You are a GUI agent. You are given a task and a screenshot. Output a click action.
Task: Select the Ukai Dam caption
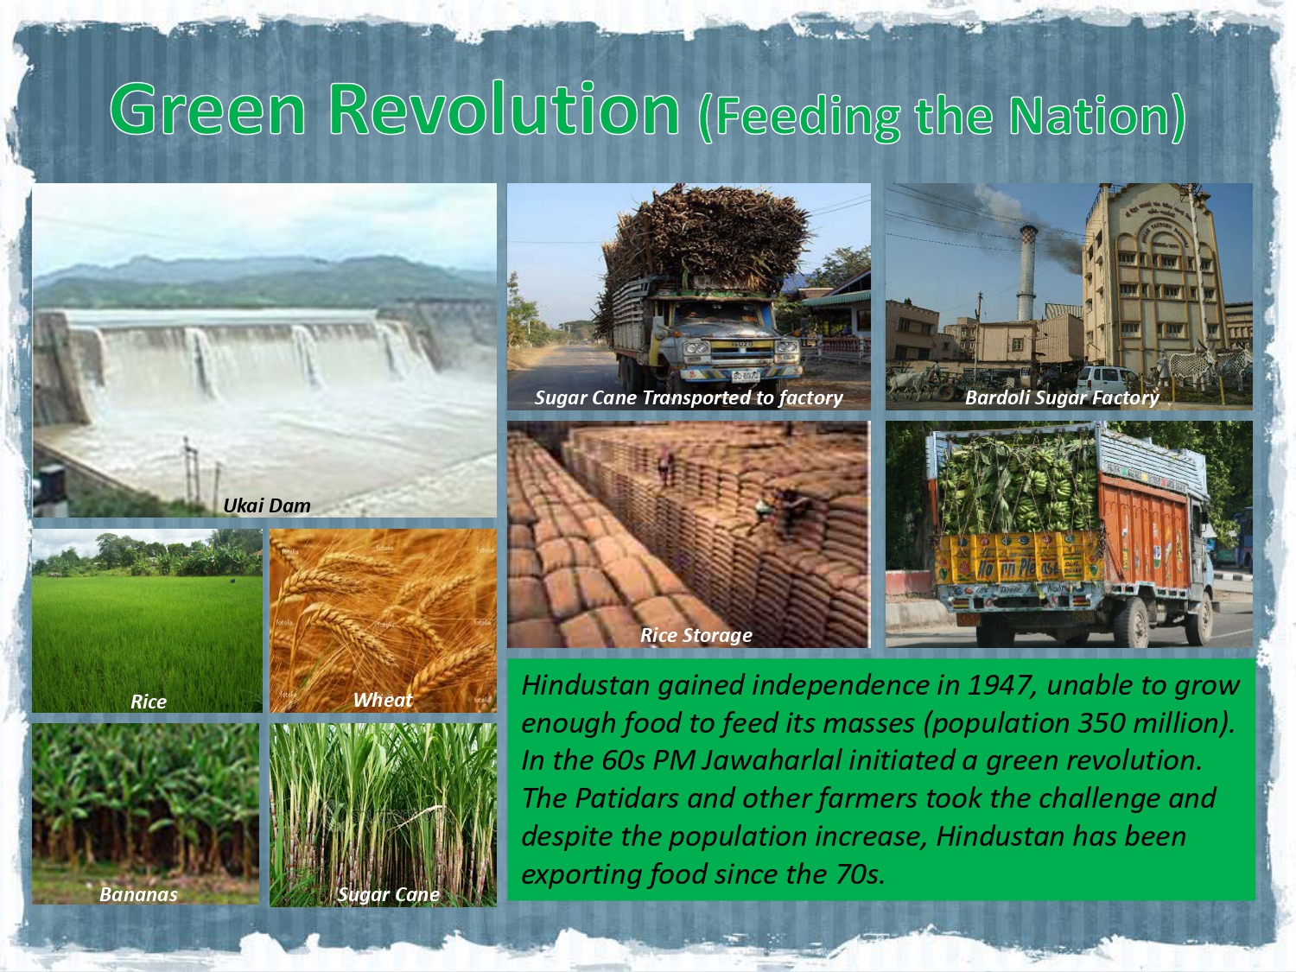tap(267, 505)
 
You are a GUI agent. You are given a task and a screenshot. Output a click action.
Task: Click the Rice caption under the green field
tap(149, 701)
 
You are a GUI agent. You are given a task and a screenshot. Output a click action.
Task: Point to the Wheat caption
tap(383, 700)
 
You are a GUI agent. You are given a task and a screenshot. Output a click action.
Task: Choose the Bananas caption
tap(138, 894)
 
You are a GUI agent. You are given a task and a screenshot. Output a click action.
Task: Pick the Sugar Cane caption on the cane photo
tap(389, 895)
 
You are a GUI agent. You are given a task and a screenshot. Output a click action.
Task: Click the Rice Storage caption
tap(696, 635)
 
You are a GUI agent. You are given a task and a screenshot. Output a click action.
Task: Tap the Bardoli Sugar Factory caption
tap(1062, 397)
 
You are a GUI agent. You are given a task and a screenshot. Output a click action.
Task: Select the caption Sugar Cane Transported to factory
tap(689, 397)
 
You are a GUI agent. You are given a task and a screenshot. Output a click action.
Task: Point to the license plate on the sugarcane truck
tap(745, 375)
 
